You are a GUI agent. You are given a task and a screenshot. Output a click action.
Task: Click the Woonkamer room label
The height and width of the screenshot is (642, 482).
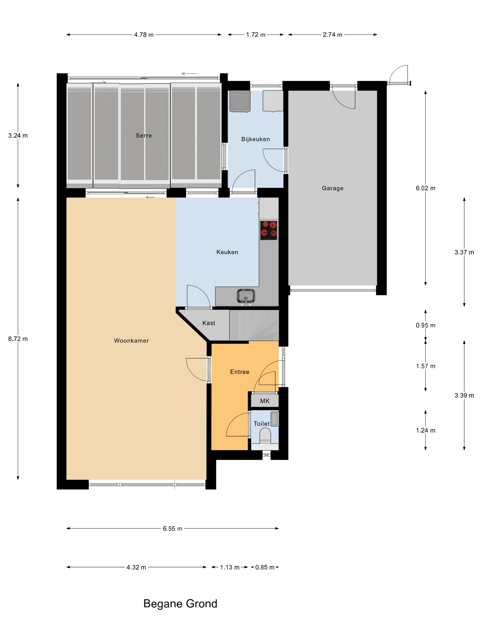point(131,340)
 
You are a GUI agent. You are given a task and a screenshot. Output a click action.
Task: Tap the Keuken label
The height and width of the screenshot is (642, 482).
point(227,252)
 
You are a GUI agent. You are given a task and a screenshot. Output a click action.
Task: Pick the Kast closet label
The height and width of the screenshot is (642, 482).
point(209,323)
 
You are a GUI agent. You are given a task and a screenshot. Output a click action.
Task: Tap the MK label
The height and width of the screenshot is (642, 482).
point(265,401)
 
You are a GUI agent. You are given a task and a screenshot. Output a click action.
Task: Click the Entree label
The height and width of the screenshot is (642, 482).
point(240,372)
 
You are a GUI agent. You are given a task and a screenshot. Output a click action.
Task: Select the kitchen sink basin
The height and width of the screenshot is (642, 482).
point(246,296)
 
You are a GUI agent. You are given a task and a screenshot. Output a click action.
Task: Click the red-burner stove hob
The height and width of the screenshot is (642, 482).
point(269,230)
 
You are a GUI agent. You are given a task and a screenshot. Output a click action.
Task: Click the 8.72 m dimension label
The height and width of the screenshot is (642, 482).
point(18,339)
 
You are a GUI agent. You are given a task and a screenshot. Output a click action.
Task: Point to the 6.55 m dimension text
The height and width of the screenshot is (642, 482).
point(173,529)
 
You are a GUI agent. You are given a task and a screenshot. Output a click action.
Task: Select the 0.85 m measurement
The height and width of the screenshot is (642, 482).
point(265,567)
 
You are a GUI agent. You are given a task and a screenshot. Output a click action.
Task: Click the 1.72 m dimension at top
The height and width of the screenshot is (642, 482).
point(256,35)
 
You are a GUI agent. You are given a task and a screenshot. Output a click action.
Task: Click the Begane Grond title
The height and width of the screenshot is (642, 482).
point(180,603)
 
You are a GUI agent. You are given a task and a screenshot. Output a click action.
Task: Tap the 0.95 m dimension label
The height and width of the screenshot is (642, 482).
point(426,325)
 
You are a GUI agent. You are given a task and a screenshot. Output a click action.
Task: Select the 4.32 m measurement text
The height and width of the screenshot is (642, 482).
point(136,567)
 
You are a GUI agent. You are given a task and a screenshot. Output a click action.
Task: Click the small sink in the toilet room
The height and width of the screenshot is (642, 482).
point(275,419)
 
